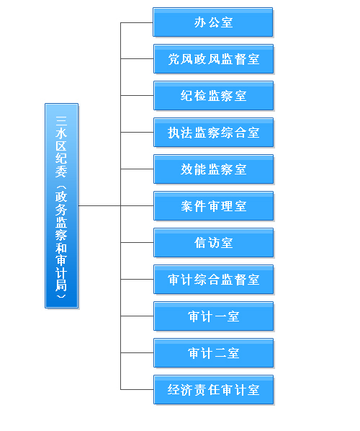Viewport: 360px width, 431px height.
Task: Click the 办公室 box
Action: point(213,22)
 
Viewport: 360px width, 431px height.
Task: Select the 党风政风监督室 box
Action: point(213,59)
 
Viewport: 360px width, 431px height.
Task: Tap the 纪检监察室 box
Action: point(213,96)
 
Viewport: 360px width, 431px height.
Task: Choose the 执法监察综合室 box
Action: point(213,133)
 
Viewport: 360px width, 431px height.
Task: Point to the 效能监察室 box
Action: point(213,169)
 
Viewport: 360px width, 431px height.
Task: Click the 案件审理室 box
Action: point(213,206)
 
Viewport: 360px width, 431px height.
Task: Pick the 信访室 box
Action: point(213,243)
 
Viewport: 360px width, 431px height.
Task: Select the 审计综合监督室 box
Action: point(213,280)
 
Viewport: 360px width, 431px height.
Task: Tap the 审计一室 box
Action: point(213,316)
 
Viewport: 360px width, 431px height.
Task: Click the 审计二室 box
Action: point(213,353)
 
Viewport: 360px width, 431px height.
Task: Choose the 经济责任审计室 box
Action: point(213,390)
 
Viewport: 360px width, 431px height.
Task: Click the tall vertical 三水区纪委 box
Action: point(61,206)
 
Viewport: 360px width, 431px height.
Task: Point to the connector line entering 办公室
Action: point(137,22)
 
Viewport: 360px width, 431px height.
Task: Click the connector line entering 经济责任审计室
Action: point(137,389)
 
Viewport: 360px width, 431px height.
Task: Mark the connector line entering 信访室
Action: point(137,242)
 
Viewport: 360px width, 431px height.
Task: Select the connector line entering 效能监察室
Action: point(137,169)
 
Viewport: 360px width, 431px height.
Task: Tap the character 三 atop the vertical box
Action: point(61,120)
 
